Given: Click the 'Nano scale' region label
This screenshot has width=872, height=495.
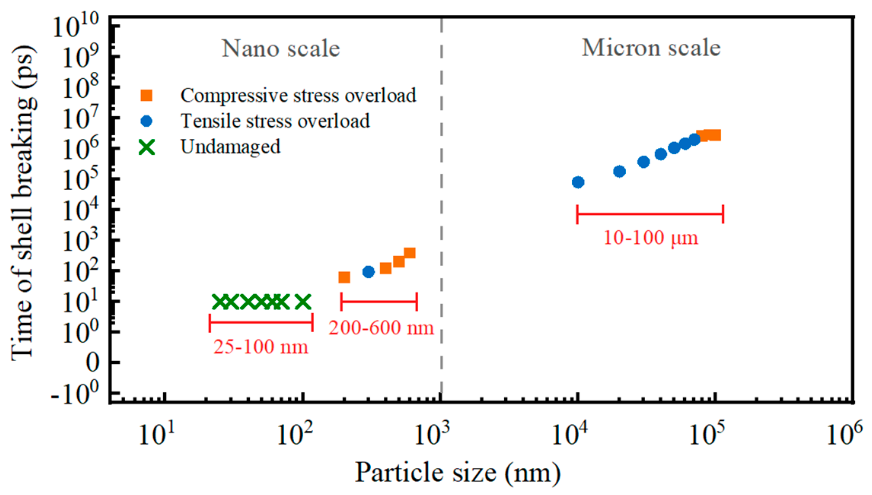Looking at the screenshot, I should (281, 49).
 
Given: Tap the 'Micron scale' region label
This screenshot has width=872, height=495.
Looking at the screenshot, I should (651, 48).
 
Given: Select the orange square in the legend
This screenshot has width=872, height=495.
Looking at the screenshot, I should (146, 95).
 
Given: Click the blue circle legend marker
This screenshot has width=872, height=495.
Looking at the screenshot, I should (146, 121).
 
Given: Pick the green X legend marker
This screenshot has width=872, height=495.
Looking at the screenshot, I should (147, 147).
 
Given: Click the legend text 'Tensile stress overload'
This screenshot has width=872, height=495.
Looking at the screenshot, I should (275, 121).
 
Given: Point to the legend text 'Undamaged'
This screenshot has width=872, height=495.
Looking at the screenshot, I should (230, 147).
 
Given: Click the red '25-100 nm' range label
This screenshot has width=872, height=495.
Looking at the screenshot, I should (260, 347).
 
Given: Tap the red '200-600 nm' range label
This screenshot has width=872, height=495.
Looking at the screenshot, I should (381, 328).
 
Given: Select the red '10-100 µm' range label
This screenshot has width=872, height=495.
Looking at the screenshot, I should (650, 238).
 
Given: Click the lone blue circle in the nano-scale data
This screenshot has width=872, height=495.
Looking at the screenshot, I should (368, 272).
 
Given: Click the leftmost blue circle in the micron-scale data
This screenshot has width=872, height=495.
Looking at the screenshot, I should (578, 182).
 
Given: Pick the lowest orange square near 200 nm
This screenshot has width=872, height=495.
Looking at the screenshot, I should (344, 278).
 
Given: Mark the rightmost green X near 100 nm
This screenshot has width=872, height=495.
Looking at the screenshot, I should (303, 302).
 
